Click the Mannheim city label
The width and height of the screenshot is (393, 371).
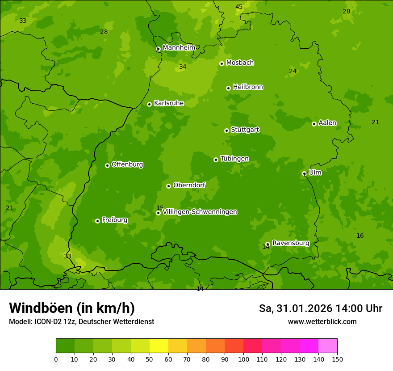pyautogui.click(x=179, y=48)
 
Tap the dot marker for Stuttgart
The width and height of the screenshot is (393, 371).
pyautogui.click(x=226, y=131)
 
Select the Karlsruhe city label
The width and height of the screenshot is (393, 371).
pyautogui.click(x=168, y=103)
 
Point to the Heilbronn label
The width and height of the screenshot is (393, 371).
pyautogui.click(x=248, y=87)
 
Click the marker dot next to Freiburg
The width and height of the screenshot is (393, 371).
pyautogui.click(x=97, y=221)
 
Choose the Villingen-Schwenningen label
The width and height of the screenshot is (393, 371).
pyautogui.click(x=200, y=212)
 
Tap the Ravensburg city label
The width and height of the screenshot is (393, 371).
pyautogui.click(x=291, y=243)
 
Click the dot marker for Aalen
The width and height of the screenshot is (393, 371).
pyautogui.click(x=314, y=124)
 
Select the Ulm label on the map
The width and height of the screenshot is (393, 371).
pyautogui.click(x=315, y=173)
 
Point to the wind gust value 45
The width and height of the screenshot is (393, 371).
pyautogui.click(x=239, y=7)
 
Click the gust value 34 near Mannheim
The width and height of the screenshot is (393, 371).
pyautogui.click(x=183, y=67)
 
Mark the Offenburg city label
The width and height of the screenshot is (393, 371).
pyautogui.click(x=127, y=164)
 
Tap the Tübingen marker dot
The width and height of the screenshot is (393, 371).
pyautogui.click(x=216, y=160)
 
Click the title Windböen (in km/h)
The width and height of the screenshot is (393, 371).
pyautogui.click(x=72, y=308)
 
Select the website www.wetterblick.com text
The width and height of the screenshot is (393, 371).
pyautogui.click(x=322, y=322)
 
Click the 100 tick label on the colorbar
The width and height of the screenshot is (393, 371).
pyautogui.click(x=243, y=359)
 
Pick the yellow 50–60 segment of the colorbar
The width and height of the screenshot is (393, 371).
pyautogui.click(x=159, y=346)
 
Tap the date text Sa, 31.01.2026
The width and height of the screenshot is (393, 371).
pyautogui.click(x=295, y=308)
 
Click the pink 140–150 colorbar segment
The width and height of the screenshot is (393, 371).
pyautogui.click(x=328, y=346)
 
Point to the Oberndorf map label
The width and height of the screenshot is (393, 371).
pyautogui.click(x=189, y=185)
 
